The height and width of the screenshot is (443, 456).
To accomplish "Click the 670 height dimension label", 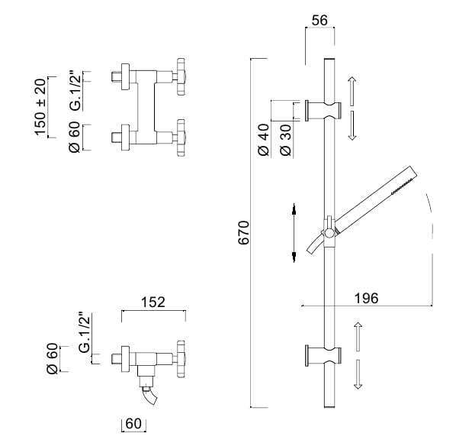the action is pyautogui.click(x=244, y=233).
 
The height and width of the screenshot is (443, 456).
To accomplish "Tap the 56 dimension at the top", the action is pyautogui.click(x=320, y=21).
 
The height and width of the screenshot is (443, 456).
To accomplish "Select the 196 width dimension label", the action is pyautogui.click(x=367, y=298).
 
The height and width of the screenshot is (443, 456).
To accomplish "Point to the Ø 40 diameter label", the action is pyautogui.click(x=264, y=140).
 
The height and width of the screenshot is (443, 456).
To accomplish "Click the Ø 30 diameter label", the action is pyautogui.click(x=285, y=140).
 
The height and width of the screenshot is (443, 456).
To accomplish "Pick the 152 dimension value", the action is pyautogui.click(x=153, y=302).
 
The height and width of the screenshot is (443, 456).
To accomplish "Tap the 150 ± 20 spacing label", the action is pyautogui.click(x=40, y=107).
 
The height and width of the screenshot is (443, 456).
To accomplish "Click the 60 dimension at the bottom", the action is pyautogui.click(x=133, y=424).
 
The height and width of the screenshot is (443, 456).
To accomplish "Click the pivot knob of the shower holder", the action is pyautogui.click(x=329, y=233).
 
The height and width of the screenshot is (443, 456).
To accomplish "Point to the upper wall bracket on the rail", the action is pyautogui.click(x=323, y=111).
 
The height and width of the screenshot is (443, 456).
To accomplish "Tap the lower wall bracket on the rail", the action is pyautogui.click(x=323, y=356).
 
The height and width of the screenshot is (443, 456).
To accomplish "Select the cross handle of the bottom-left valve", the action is pyautogui.click(x=181, y=359).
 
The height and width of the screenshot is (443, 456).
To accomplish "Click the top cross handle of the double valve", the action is pyautogui.click(x=181, y=76).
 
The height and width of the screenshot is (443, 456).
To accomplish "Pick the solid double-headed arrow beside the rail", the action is pyautogui.click(x=294, y=233).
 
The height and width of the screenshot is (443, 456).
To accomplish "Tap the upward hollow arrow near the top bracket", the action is pyautogui.click(x=352, y=91).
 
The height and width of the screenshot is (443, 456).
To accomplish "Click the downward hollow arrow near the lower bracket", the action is pyautogui.click(x=358, y=374).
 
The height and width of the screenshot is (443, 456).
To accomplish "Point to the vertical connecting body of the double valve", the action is pyautogui.click(x=146, y=107).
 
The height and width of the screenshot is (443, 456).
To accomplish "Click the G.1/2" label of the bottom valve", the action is pyautogui.click(x=85, y=332).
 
